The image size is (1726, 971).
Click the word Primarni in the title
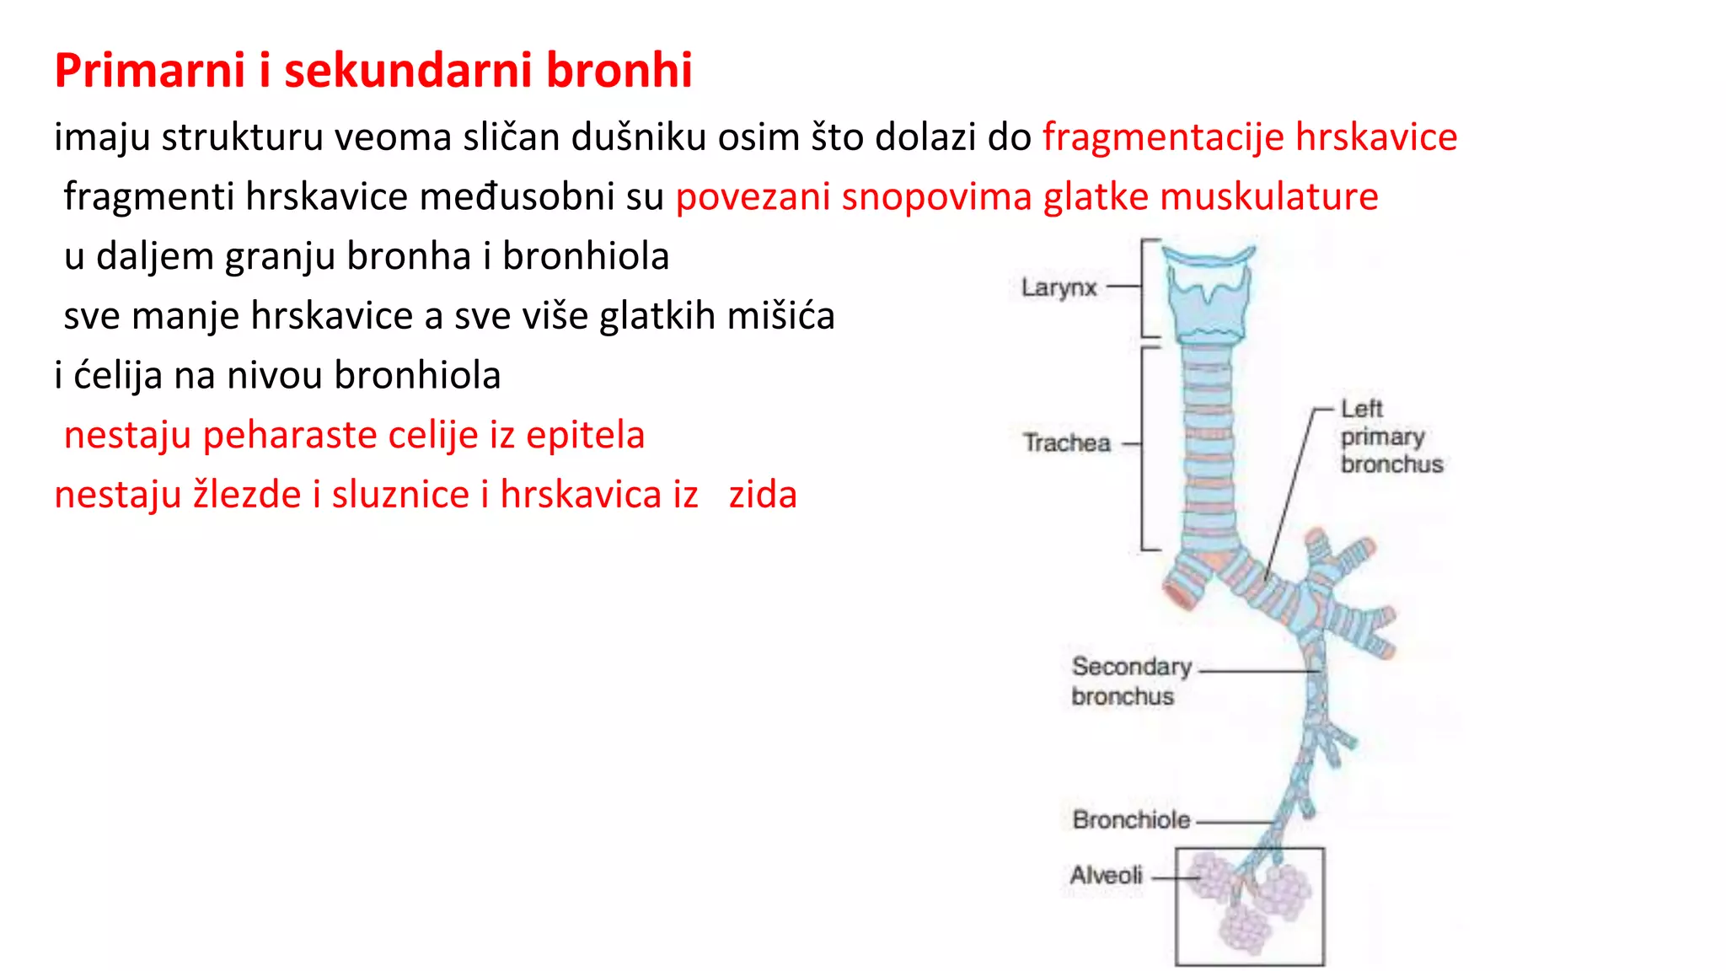(x=150, y=70)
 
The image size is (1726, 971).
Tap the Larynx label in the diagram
(x=1059, y=287)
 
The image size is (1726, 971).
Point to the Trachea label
(x=1066, y=443)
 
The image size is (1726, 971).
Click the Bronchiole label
(x=1131, y=819)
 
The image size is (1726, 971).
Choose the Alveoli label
(x=1106, y=875)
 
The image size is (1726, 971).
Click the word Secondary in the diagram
(x=1131, y=666)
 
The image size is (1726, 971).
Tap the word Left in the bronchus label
(x=1361, y=409)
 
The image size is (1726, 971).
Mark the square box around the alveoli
(x=1323, y=907)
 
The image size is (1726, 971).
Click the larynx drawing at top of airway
(x=1209, y=295)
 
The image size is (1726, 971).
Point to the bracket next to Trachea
(x=1144, y=448)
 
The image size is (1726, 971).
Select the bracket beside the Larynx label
(x=1144, y=287)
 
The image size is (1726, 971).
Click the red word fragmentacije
(x=1163, y=137)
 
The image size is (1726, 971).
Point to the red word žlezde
(x=247, y=495)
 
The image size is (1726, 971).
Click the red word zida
(x=762, y=495)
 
